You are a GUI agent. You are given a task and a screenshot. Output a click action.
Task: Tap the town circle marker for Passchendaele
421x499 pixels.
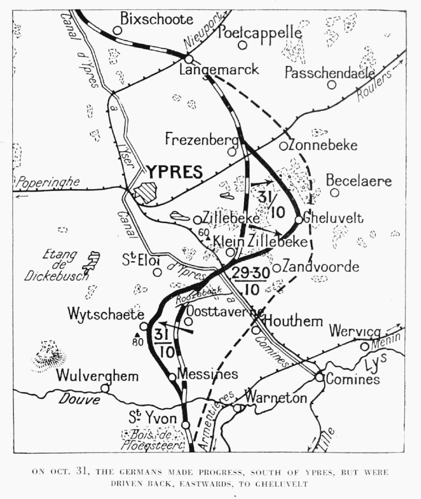point(331,85)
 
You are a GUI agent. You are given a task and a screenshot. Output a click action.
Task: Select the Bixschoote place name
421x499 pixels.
point(157,20)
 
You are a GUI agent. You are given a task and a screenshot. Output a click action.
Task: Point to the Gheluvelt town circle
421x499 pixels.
point(298,220)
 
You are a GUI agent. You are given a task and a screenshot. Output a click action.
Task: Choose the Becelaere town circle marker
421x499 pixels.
point(334,192)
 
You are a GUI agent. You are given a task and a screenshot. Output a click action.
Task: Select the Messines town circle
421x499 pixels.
point(173,377)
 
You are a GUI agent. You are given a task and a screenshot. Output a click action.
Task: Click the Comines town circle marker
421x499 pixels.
point(319,377)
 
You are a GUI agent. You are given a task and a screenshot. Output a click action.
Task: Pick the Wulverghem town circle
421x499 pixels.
point(104,388)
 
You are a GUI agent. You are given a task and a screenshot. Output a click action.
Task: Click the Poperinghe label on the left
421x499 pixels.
point(48,182)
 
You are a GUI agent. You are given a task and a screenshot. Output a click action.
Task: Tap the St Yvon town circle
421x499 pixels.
point(186,425)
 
